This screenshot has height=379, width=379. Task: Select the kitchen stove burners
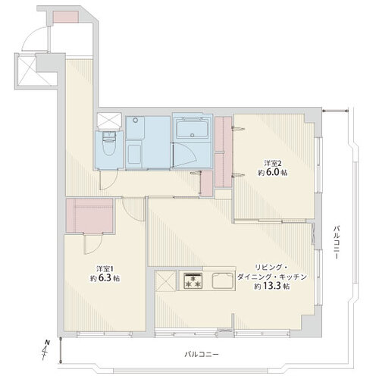coord(193,281)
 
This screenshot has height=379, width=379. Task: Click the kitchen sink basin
coord(222,280)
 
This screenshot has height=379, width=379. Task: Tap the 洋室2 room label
coord(271,162)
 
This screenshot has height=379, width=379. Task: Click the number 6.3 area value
coord(105,278)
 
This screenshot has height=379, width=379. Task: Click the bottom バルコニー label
coord(202,354)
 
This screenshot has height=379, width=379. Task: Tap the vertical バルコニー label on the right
coord(336,242)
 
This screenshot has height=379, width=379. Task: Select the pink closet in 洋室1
coord(89,215)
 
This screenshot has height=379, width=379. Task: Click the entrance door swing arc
coord(33,38)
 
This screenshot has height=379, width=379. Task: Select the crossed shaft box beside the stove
coord(165,280)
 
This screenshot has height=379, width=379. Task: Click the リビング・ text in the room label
coord(271,268)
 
